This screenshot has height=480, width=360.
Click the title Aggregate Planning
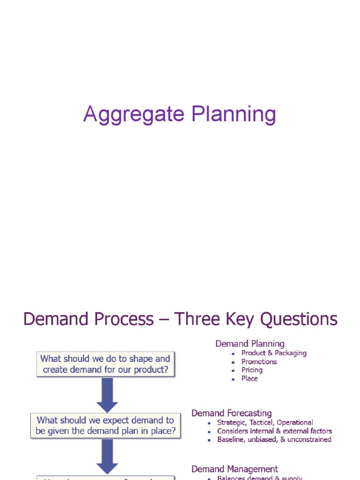coord(180,115)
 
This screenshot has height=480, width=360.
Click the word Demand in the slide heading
coord(56,319)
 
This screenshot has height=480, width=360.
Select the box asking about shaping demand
coord(105,364)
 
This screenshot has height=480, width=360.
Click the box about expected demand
coord(105,426)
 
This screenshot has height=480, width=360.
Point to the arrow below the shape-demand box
coord(107,395)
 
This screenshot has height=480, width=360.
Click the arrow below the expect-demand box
coord(107,457)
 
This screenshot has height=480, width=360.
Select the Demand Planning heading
coord(250,344)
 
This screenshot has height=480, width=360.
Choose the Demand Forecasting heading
coord(232,413)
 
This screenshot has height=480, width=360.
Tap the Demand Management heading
coord(234,469)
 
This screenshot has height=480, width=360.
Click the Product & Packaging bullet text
coord(274,353)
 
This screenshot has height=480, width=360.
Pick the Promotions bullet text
coord(259,361)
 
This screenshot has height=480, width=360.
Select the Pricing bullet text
coord(252,370)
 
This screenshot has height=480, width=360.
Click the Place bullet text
coord(249,378)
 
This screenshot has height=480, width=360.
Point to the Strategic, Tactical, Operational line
coord(265,422)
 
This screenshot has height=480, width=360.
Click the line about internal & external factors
coord(274,431)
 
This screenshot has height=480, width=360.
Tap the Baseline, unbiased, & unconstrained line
coord(274,439)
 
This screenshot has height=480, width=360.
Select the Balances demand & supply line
coord(259,477)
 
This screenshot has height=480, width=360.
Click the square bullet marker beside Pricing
coord(233,371)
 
